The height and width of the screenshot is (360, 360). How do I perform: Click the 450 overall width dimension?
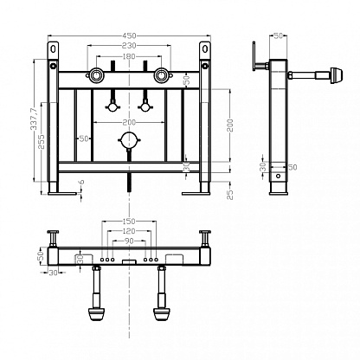tap(129, 35)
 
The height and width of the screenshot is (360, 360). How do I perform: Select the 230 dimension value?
tap(129, 45)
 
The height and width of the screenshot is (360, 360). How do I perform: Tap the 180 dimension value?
tap(129, 56)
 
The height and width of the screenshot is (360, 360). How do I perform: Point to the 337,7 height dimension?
tap(34, 119)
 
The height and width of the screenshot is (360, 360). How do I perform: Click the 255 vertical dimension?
tap(42, 141)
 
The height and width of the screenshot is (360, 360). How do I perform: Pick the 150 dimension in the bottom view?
tap(129, 222)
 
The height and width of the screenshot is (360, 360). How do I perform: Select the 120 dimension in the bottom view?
tap(129, 231)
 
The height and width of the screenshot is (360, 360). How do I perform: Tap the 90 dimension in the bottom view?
tap(129, 241)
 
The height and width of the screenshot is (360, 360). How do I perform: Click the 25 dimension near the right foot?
tap(230, 195)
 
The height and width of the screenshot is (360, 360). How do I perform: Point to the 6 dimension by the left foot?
tap(81, 182)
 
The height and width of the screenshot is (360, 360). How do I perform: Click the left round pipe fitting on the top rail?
tap(94, 75)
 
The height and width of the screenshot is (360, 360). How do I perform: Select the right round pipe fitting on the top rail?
tap(161, 75)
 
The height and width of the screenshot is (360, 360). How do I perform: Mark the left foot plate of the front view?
tap(62, 193)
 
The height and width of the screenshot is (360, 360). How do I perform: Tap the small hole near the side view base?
tap(279, 176)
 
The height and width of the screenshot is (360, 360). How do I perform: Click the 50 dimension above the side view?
tap(278, 35)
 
